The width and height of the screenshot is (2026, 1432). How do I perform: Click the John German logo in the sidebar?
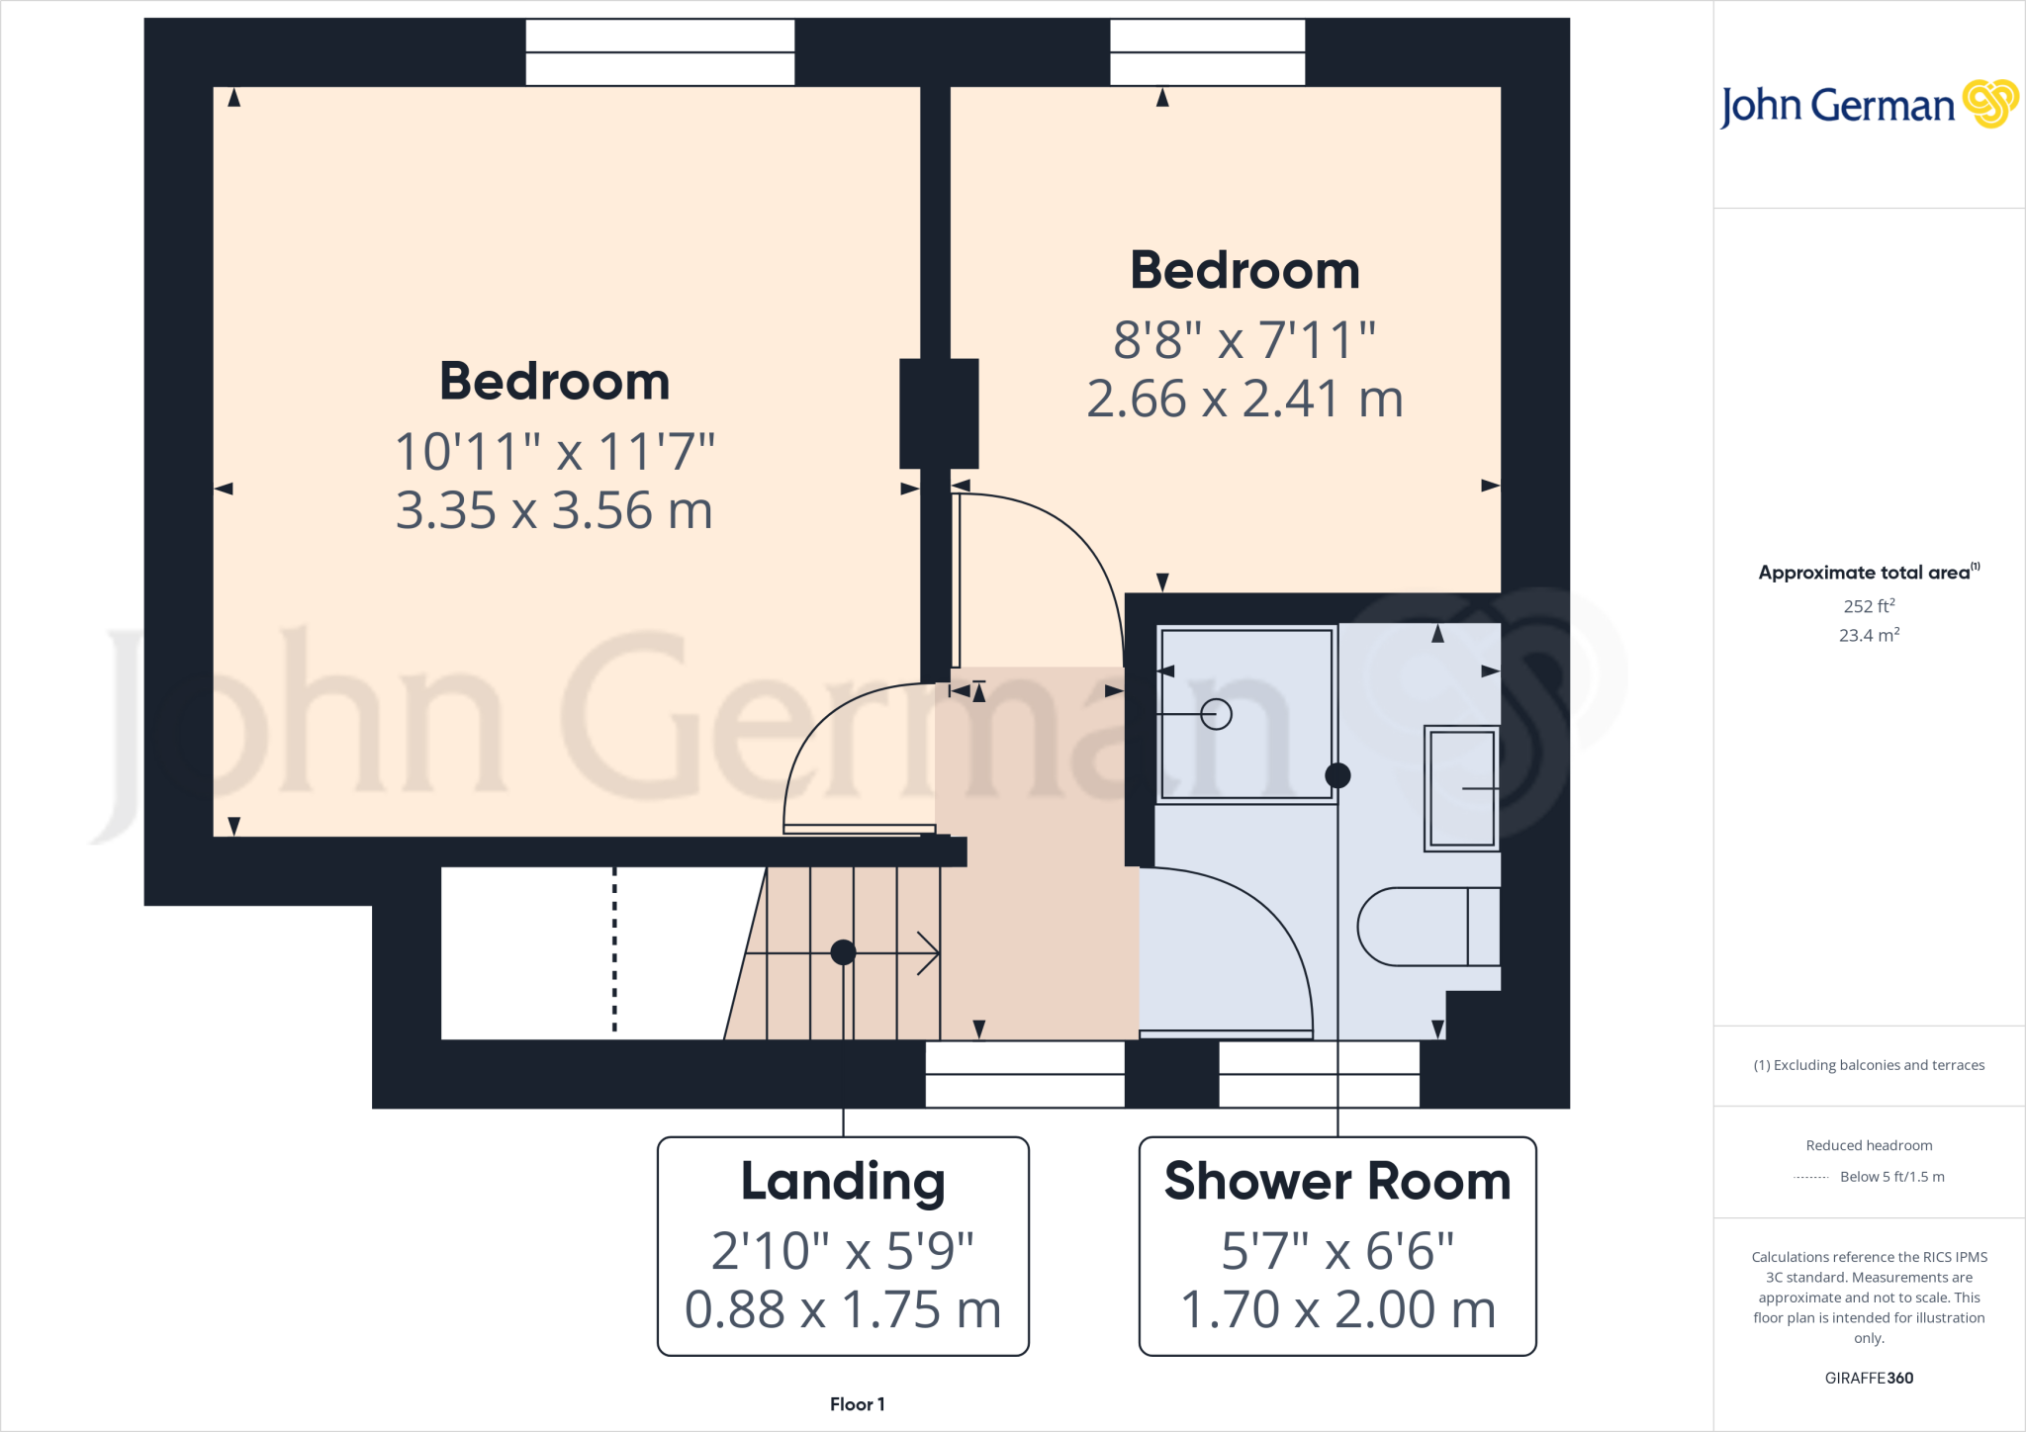click(1868, 105)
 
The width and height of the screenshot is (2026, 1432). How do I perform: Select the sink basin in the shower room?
click(1461, 788)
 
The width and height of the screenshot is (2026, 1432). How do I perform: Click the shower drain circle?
click(1216, 713)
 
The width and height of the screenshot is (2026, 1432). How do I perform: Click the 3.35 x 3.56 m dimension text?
click(554, 510)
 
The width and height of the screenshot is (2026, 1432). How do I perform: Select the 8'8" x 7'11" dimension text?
click(1244, 340)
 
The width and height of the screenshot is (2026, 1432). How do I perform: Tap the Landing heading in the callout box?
click(843, 1181)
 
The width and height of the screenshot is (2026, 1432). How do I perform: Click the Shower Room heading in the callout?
click(1337, 1181)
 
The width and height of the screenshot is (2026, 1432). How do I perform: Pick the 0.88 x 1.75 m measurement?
click(843, 1309)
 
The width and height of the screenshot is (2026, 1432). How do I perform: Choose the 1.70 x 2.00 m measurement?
click(1337, 1309)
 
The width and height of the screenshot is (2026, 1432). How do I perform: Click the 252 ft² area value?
click(1869, 606)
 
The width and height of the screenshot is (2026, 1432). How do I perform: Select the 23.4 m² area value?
click(1869, 635)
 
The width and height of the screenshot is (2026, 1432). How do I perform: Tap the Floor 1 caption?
click(857, 1404)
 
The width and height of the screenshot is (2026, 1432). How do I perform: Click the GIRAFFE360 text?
click(1869, 1378)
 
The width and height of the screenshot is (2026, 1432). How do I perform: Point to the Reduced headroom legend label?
click(1869, 1145)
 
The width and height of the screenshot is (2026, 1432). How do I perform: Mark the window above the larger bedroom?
click(660, 52)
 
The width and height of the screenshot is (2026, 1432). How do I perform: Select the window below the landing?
click(1025, 1074)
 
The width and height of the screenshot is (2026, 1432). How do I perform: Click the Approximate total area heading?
click(1864, 573)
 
